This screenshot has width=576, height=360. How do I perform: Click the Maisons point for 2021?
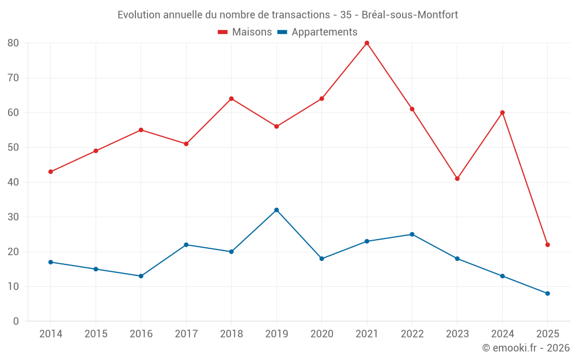pyautogui.click(x=367, y=43)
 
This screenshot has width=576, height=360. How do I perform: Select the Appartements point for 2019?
pyautogui.click(x=276, y=210)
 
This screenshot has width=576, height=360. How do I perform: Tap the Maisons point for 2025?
pyautogui.click(x=548, y=245)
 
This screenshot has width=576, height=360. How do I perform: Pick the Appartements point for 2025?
pyautogui.click(x=548, y=294)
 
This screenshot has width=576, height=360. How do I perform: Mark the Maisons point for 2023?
pyautogui.click(x=457, y=179)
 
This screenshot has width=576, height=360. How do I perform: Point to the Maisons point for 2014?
pyautogui.click(x=51, y=172)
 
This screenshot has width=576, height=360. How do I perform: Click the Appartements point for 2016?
pyautogui.click(x=141, y=276)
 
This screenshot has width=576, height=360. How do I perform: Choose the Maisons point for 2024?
pyautogui.click(x=502, y=113)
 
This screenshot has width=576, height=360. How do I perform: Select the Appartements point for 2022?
pyautogui.click(x=412, y=234)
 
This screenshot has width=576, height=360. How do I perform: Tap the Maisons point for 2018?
pyautogui.click(x=232, y=98)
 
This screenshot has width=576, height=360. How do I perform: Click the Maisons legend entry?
pyautogui.click(x=245, y=32)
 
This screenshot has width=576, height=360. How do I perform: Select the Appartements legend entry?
pyautogui.click(x=317, y=32)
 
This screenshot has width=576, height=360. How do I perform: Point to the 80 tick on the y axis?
pyautogui.click(x=13, y=43)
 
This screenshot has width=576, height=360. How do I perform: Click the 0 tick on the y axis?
pyautogui.click(x=16, y=321)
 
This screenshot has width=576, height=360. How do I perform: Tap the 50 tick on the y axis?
pyautogui.click(x=13, y=147)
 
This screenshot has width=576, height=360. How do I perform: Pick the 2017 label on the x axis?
pyautogui.click(x=186, y=334)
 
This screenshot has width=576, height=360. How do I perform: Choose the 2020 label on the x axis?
pyautogui.click(x=321, y=334)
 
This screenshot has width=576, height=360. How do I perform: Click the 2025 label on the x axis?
pyautogui.click(x=548, y=334)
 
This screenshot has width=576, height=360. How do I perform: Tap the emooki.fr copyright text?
pyautogui.click(x=526, y=348)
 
